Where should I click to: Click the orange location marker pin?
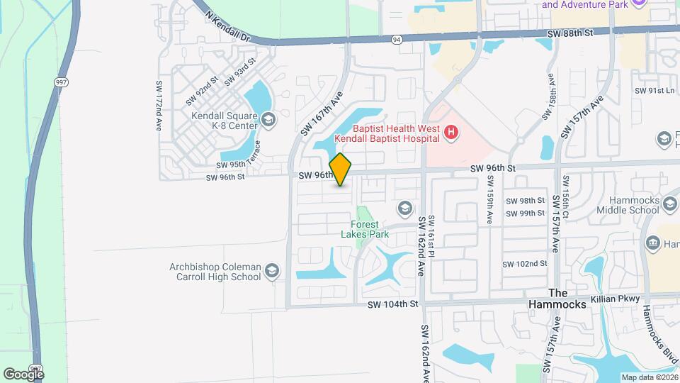(341, 170)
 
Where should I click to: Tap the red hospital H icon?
(450, 132)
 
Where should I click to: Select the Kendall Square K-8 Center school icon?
(268, 119)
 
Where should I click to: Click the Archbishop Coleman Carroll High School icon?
(271, 271)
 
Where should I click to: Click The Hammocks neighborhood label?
(568, 299)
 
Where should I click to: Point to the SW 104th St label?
(394, 304)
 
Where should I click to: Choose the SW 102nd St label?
(525, 263)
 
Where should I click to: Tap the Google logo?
(23, 374)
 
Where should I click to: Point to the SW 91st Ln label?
(657, 91)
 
